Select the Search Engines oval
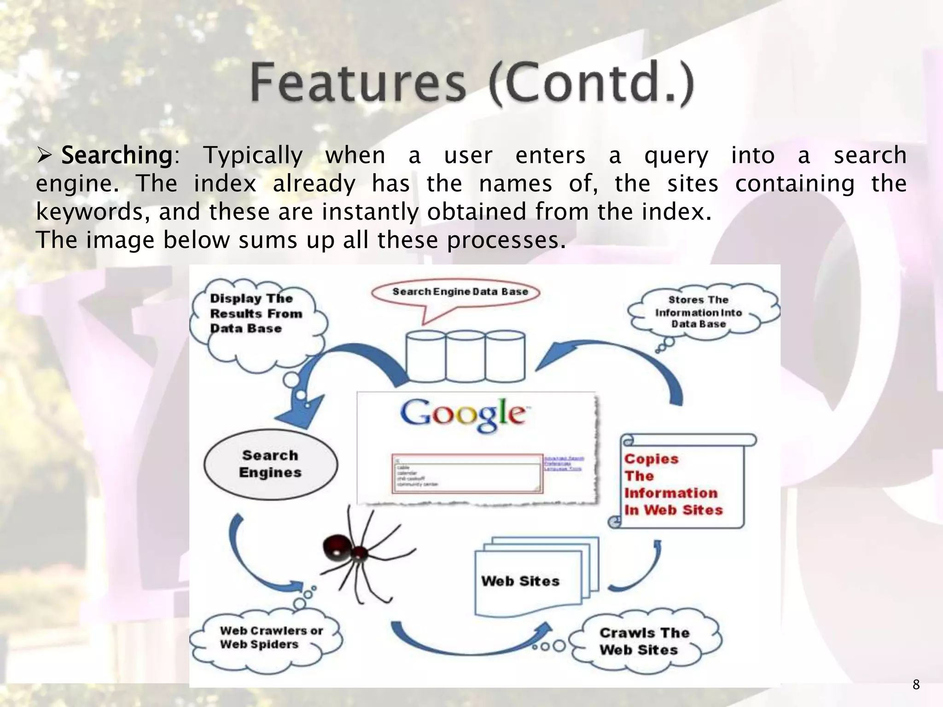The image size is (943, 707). click(x=270, y=464)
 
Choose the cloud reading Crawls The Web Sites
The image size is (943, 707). click(x=645, y=641)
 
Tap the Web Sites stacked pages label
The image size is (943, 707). click(x=520, y=581)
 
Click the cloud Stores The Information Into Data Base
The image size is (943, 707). click(x=699, y=312)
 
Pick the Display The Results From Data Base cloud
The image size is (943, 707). click(x=256, y=314)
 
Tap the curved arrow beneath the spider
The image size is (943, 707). click(x=470, y=640)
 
